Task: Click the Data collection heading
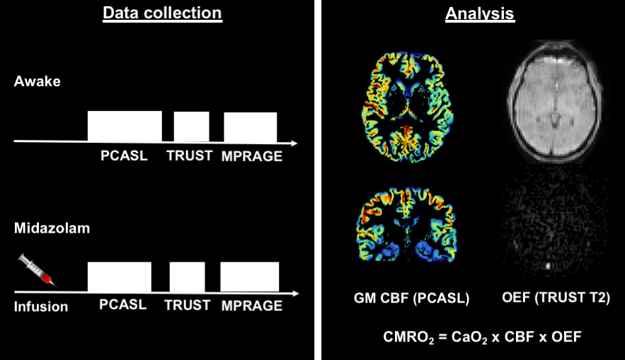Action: [162, 13]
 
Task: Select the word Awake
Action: [37, 81]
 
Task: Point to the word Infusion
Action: [41, 306]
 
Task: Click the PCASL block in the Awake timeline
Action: [125, 126]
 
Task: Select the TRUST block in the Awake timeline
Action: [191, 127]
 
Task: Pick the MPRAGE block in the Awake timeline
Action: [250, 127]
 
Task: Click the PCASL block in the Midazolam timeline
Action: [119, 277]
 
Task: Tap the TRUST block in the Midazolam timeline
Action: [187, 277]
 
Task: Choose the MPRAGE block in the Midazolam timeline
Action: [249, 277]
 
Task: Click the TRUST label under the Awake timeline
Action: [190, 156]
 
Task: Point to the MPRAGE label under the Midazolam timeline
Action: [251, 306]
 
